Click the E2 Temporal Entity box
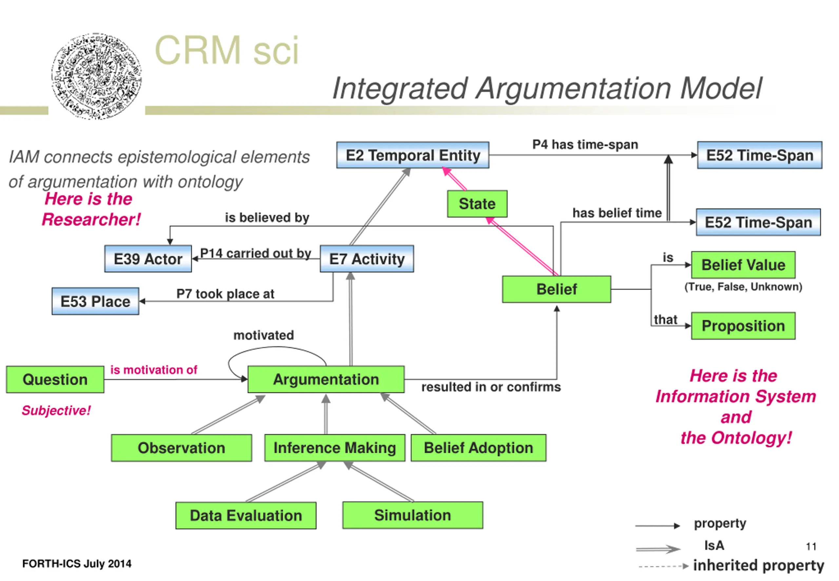[x=413, y=155]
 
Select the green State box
[x=477, y=204]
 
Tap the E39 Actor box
[x=148, y=259]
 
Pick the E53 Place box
[x=95, y=301]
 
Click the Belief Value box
[x=743, y=265]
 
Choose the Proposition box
[x=743, y=326]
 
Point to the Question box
[x=55, y=379]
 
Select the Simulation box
[x=413, y=515]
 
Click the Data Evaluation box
[x=246, y=515]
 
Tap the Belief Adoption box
[x=478, y=448]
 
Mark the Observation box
[x=181, y=448]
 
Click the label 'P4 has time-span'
[x=585, y=145]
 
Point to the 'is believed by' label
[x=267, y=218]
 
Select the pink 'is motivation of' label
[x=153, y=370]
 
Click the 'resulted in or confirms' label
[x=491, y=387]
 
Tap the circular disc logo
[x=96, y=76]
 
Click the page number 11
[x=811, y=547]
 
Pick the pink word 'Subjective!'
[x=56, y=411]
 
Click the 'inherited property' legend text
[x=758, y=565]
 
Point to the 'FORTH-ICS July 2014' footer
[x=77, y=564]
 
